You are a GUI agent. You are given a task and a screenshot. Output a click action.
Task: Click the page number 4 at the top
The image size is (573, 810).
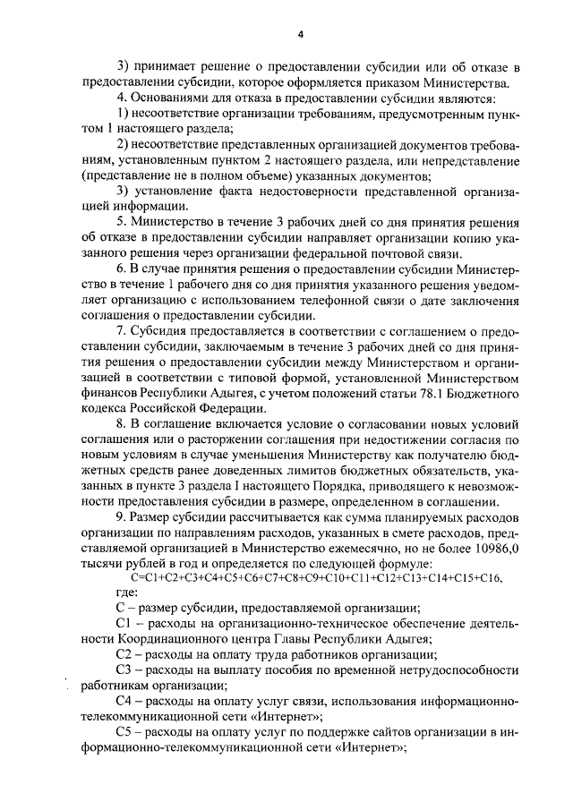pyautogui.click(x=301, y=33)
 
